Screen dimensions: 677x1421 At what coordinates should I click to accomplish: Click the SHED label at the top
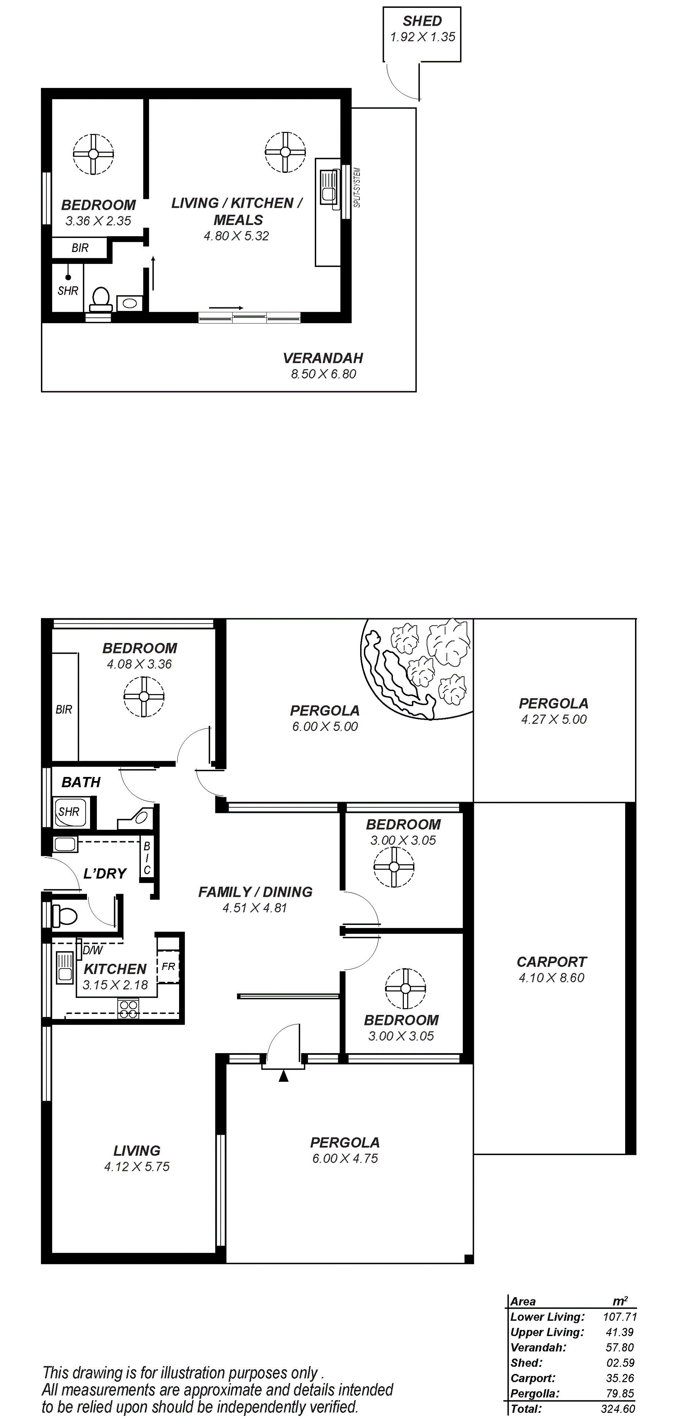[x=422, y=21]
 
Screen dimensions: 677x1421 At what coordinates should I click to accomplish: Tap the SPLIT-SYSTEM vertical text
[x=357, y=187]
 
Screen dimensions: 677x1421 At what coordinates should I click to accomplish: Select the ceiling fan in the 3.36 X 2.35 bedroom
[x=93, y=154]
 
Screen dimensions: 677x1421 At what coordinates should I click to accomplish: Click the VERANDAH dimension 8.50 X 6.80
[x=324, y=374]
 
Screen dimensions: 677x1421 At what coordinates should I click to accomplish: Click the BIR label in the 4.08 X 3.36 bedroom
[x=64, y=709]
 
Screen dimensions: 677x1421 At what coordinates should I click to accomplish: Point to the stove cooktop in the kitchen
[x=129, y=1008]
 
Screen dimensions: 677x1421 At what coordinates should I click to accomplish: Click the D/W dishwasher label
[x=93, y=950]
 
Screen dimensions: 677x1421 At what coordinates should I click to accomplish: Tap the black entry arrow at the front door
[x=284, y=1075]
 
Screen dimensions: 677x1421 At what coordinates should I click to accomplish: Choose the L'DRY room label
[x=105, y=873]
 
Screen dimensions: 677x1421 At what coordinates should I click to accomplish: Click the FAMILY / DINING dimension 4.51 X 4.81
[x=255, y=908]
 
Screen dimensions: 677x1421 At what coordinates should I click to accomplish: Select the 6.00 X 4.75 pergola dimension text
[x=345, y=1158]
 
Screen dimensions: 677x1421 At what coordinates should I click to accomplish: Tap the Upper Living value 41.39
[x=619, y=1332]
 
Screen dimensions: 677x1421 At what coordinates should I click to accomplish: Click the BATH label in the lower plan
[x=81, y=782]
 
